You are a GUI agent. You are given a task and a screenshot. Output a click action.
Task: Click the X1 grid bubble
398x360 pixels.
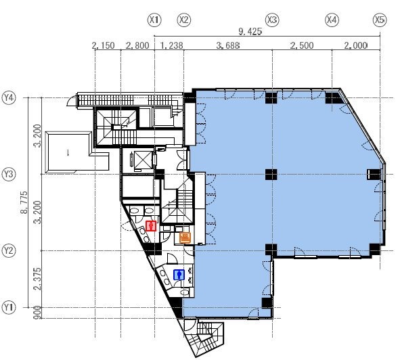click(x=154, y=20)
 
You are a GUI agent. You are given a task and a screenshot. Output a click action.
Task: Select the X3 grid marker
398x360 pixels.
click(x=273, y=20)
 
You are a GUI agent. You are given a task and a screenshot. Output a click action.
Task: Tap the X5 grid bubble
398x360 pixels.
click(x=379, y=20)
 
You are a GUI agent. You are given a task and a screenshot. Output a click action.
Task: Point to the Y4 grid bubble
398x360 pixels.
click(x=9, y=97)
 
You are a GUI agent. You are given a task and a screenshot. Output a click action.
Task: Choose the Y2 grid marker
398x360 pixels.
click(x=9, y=250)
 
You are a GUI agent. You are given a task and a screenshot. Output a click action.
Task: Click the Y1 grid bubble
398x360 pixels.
click(x=9, y=308)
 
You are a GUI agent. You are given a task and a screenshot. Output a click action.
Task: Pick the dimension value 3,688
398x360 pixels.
click(x=227, y=46)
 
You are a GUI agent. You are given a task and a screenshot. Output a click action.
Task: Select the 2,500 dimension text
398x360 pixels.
click(x=302, y=46)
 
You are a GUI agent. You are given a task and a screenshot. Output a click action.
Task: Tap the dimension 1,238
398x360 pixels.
click(x=172, y=46)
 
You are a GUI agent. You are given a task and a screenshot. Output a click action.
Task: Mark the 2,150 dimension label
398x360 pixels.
click(x=103, y=46)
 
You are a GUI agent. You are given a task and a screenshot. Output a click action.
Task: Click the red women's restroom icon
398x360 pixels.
click(x=152, y=226)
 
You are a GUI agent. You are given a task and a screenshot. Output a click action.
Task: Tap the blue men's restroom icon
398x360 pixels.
click(x=179, y=275)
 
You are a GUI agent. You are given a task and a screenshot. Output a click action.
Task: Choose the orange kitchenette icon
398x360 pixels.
click(x=184, y=237)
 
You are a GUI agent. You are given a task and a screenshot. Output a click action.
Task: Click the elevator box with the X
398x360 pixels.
click(x=144, y=160)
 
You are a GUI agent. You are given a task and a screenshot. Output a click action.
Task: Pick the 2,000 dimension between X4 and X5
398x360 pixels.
click(x=356, y=46)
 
